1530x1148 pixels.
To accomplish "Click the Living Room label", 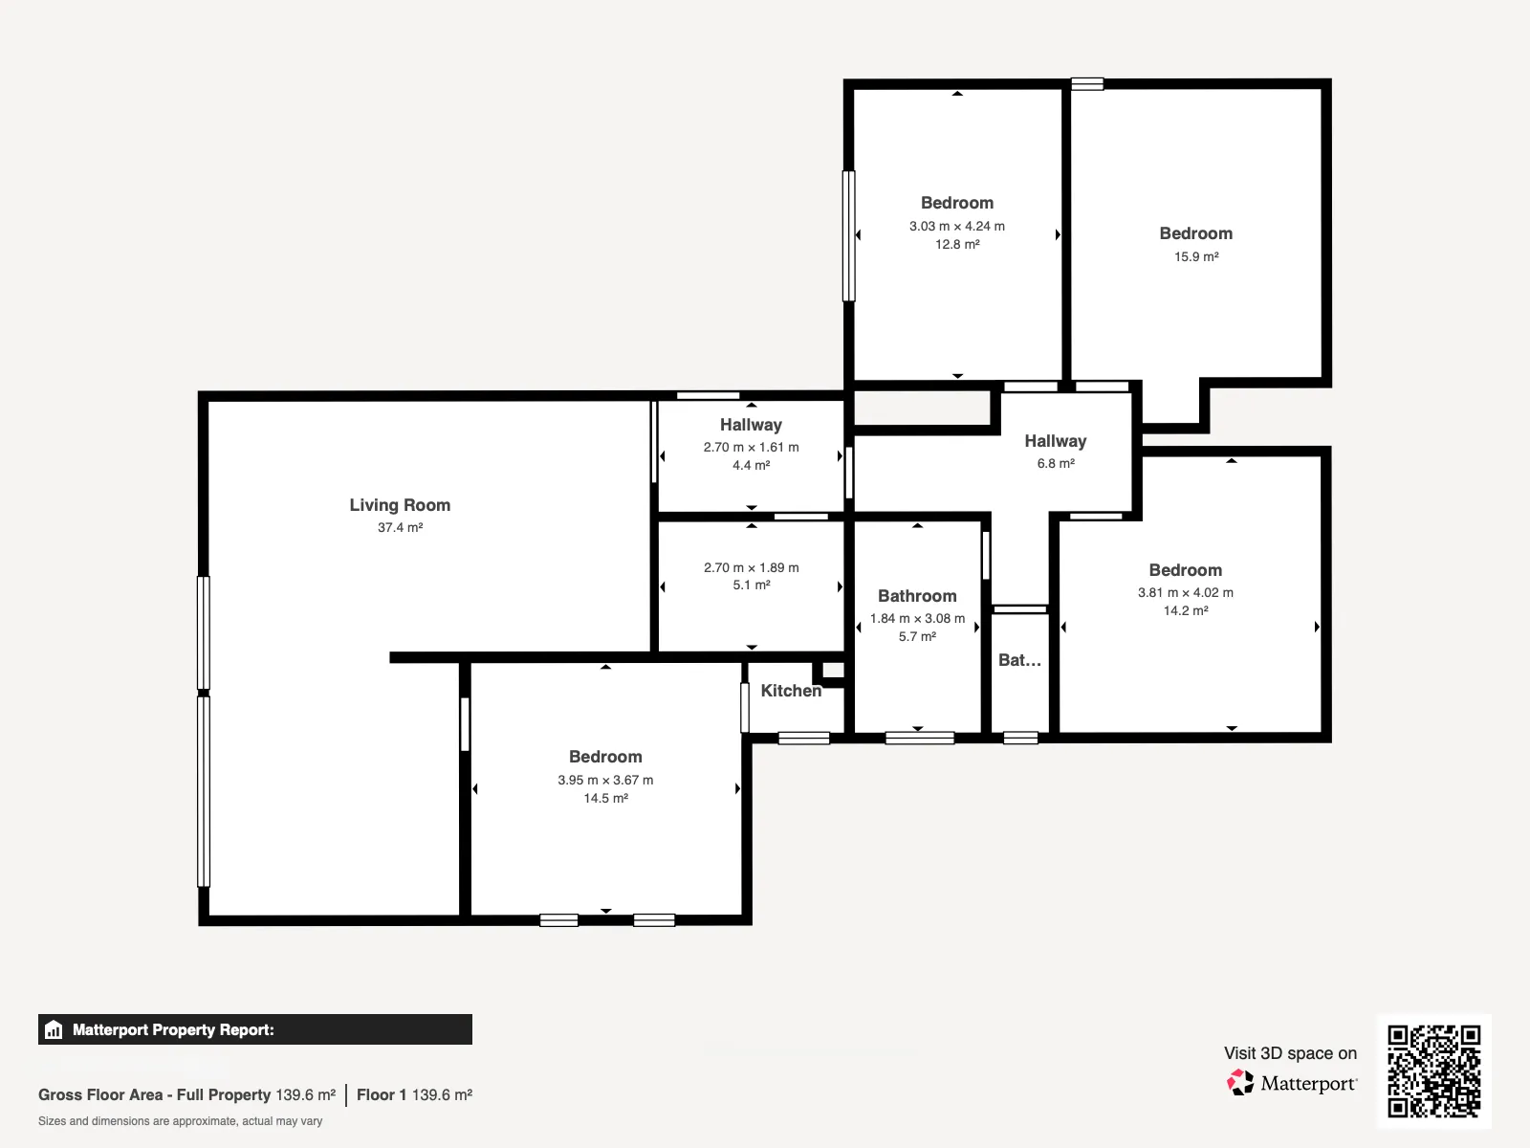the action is pos(400,505).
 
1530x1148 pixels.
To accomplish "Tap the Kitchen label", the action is pos(791,691).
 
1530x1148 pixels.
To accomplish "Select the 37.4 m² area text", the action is pos(400,528).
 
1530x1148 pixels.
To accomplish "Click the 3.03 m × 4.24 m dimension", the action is pos(957,226).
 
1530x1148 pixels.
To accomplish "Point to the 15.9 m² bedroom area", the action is pos(1196,256).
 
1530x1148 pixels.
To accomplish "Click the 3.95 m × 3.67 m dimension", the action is pos(605,780).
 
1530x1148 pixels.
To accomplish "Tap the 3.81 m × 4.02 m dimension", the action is pos(1186,592).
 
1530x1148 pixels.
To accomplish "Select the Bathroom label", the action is pos(917,596).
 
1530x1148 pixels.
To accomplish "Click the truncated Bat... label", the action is pos(1019,660).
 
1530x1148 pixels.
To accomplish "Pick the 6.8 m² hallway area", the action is pos(1056,464).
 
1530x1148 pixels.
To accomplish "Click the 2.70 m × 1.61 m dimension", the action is pos(751,447).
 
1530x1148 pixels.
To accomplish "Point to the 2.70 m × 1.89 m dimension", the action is pos(752,567).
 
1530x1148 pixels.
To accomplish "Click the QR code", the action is pos(1433,1071).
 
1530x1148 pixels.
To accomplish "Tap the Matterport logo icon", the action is pos(1240,1083).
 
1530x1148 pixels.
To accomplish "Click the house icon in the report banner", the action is pos(54,1029).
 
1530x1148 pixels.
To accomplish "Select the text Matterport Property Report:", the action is pos(174,1029).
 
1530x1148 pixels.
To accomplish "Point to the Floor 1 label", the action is pos(382,1095).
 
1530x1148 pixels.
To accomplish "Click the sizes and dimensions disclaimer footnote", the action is pos(180,1121).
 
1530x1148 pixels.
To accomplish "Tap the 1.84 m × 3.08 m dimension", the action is pos(917,618).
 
